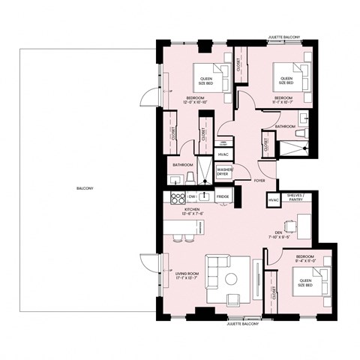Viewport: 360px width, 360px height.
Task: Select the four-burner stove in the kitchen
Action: [x=179, y=198]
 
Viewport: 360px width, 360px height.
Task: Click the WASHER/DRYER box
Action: [x=224, y=172]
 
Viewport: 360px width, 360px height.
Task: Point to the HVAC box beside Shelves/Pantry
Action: [x=274, y=200]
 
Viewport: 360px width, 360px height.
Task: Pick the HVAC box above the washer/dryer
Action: [x=223, y=154]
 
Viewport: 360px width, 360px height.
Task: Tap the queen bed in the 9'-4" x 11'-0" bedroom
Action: [x=304, y=283]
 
